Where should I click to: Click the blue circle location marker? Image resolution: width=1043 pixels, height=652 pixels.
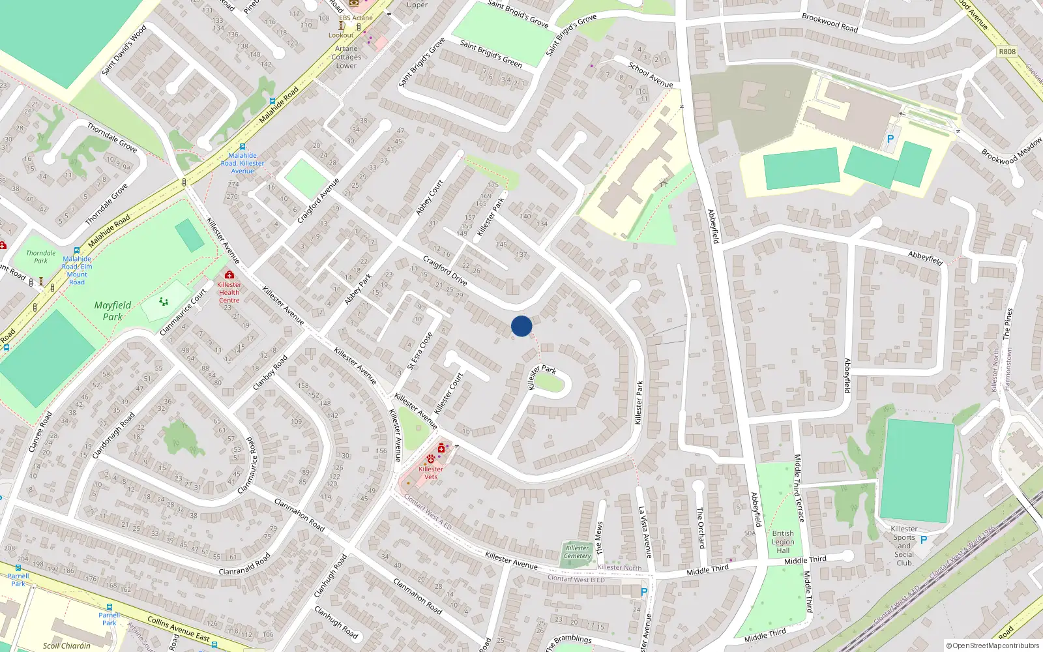(521, 326)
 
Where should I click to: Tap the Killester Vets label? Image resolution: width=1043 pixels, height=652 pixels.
(431, 473)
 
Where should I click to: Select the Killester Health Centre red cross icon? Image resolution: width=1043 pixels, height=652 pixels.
(229, 275)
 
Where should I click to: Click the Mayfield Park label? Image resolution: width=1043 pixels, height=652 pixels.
(113, 311)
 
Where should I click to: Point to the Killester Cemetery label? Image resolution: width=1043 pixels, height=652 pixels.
(577, 552)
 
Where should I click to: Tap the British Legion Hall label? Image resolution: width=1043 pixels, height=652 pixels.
(783, 542)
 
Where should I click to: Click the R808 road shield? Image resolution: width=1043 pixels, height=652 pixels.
(1007, 52)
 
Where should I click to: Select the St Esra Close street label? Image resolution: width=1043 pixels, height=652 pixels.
(420, 351)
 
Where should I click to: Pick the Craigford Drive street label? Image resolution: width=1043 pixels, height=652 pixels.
(445, 271)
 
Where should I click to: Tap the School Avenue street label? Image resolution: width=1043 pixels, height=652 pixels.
(651, 74)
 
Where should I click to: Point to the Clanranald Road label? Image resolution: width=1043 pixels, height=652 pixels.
(244, 565)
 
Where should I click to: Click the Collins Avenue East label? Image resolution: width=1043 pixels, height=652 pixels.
(179, 629)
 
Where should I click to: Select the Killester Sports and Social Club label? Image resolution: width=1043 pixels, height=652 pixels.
(903, 546)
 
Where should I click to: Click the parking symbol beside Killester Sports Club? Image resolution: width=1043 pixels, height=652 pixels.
(924, 540)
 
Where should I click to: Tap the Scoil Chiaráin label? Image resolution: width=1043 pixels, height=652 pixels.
(66, 645)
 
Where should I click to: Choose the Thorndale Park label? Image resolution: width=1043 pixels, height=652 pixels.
(40, 257)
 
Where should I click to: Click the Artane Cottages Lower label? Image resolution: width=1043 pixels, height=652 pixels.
(346, 57)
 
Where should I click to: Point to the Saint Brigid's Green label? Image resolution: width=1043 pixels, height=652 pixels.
(491, 53)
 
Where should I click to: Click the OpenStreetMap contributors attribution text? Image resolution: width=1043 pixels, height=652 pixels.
(993, 645)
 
